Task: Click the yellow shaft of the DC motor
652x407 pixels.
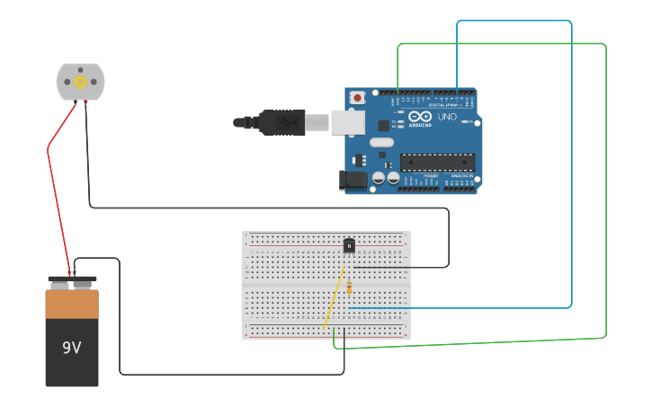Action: [x=80, y=82]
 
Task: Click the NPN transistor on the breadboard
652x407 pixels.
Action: [x=349, y=245]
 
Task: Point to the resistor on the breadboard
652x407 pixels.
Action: [x=349, y=288]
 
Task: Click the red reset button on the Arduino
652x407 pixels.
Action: [x=357, y=97]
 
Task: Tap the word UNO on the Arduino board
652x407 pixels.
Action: [x=447, y=117]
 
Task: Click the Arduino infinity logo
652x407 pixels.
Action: [x=420, y=116]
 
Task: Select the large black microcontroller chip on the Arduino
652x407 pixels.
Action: [x=437, y=163]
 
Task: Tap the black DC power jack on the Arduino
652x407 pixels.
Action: [x=353, y=180]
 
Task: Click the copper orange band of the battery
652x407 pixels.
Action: [x=72, y=304]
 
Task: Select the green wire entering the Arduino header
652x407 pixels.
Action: [x=398, y=67]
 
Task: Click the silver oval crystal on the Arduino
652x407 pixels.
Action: [x=381, y=142]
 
